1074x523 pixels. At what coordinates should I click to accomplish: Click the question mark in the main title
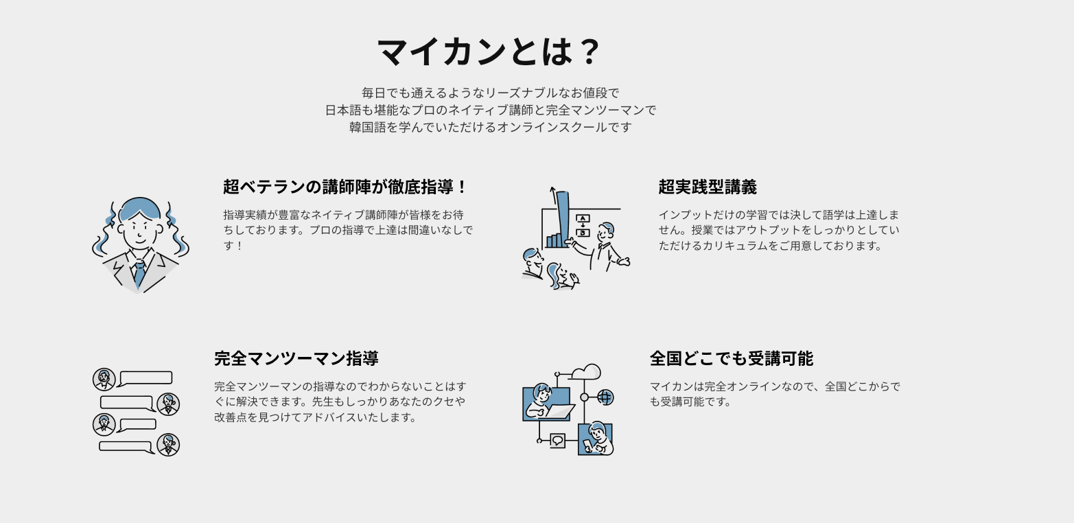click(x=588, y=52)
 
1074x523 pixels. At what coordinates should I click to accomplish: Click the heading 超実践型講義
click(x=708, y=187)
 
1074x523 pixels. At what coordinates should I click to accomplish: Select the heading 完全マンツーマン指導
click(x=296, y=358)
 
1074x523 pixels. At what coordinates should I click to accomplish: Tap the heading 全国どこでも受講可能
click(x=731, y=358)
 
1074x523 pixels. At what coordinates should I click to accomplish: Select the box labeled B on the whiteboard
click(x=583, y=232)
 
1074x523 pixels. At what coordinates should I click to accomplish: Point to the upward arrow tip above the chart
click(x=552, y=189)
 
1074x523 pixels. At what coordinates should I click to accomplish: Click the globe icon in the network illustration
click(x=605, y=397)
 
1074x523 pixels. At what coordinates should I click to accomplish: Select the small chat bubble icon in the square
click(x=557, y=440)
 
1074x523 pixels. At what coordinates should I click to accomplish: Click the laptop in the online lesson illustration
click(x=559, y=411)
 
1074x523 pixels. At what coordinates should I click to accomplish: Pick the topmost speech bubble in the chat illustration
click(x=145, y=377)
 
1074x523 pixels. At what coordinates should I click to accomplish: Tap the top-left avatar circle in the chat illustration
click(x=104, y=379)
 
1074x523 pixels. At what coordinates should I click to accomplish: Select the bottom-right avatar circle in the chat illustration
click(x=168, y=445)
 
